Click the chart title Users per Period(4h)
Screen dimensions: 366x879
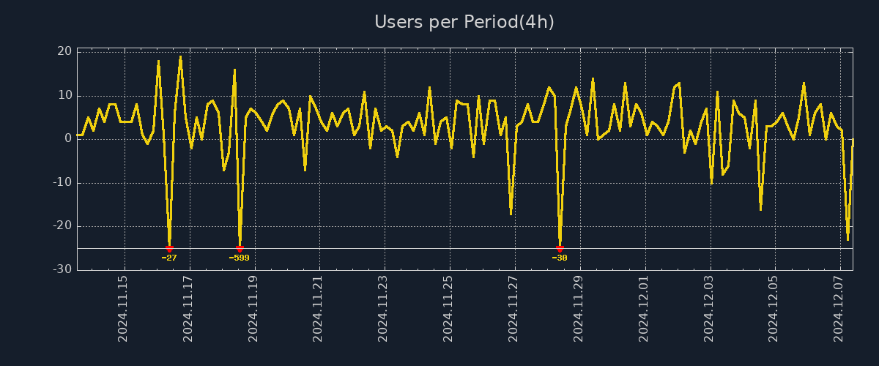click(464, 22)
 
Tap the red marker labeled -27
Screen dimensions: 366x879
click(169, 249)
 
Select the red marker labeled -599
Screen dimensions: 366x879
click(240, 249)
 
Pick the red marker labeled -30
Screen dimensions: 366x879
click(560, 249)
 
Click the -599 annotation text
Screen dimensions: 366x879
click(239, 258)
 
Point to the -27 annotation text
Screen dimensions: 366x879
click(169, 258)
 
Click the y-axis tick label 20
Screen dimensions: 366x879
click(64, 51)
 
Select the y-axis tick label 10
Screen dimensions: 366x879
click(64, 95)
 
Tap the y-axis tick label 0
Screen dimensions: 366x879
click(67, 138)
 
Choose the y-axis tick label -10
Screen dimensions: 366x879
click(62, 182)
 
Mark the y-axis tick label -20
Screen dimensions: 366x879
click(62, 226)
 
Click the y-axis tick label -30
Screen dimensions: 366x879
click(62, 269)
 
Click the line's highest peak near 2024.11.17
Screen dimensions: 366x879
click(180, 56)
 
